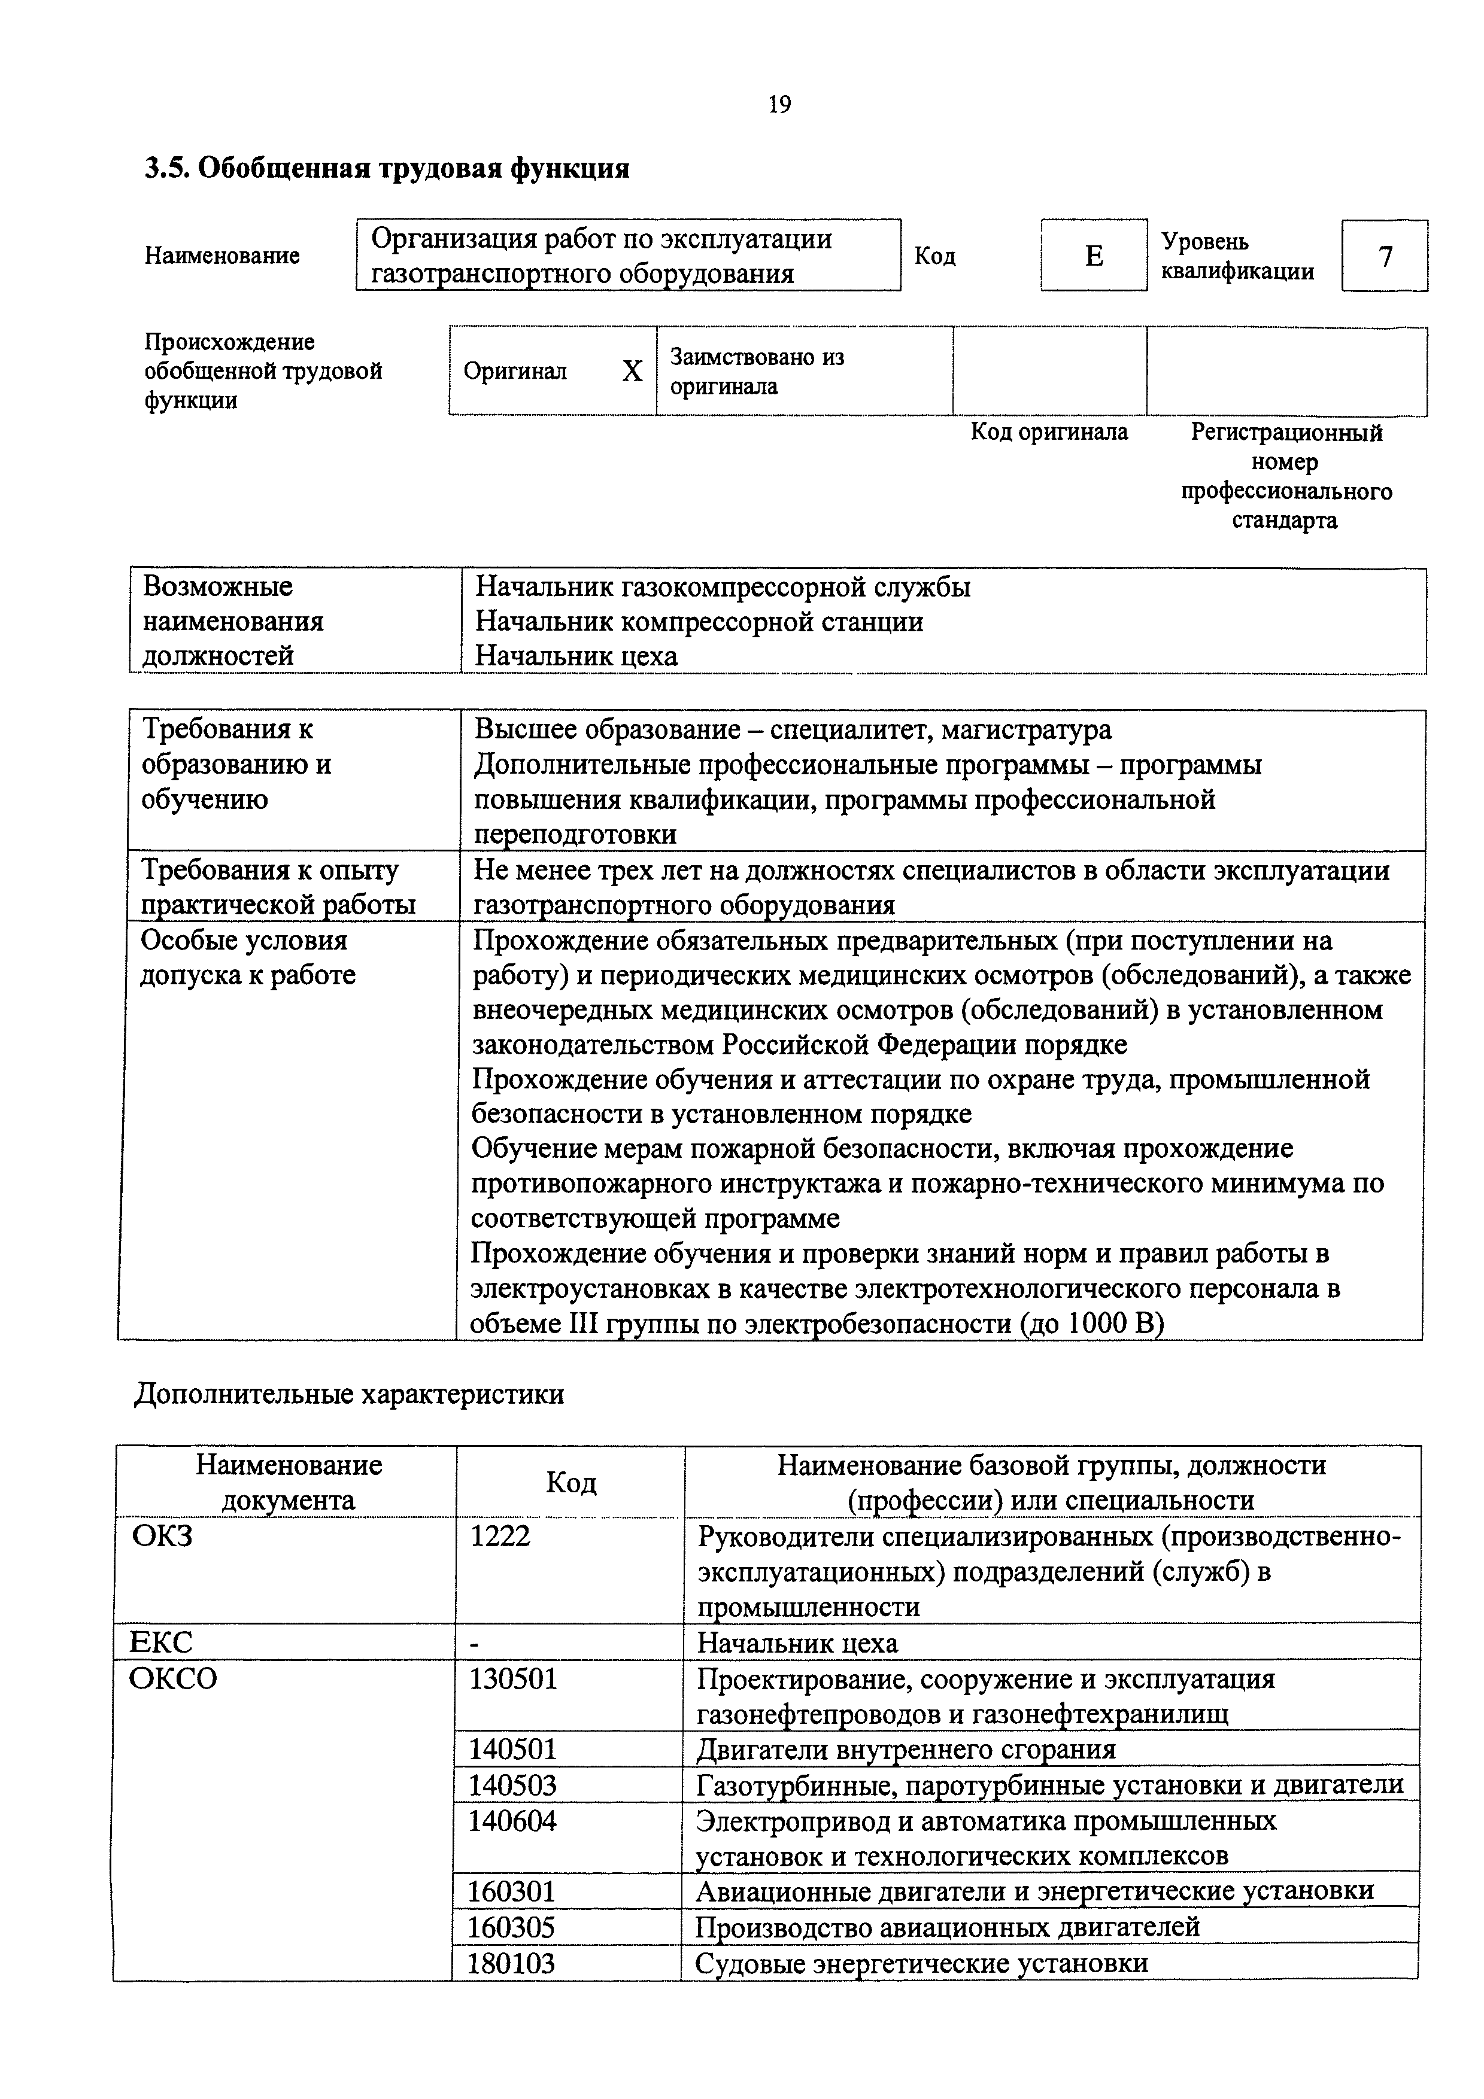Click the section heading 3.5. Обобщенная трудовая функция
point(387,168)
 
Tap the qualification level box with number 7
point(1385,257)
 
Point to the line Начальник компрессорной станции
point(699,622)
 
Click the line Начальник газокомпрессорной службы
point(723,587)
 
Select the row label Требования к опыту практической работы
point(277,887)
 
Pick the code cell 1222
point(499,1536)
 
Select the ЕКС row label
point(161,1643)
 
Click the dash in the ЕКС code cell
point(475,1644)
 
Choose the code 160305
point(511,1927)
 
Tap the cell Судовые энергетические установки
point(922,1963)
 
